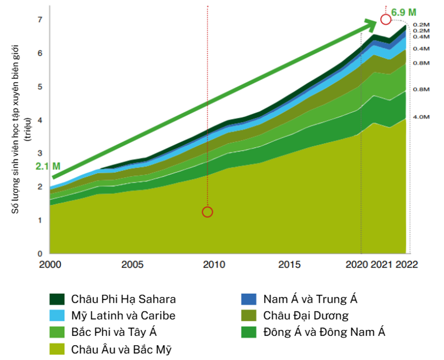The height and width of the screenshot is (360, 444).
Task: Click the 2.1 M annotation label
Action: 48,166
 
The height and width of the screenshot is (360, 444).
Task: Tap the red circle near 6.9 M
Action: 386,20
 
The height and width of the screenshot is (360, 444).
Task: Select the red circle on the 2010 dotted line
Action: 207,212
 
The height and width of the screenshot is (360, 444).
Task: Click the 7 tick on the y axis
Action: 39,20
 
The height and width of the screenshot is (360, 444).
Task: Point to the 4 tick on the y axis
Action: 39,120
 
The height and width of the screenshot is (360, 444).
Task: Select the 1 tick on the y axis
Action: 39,220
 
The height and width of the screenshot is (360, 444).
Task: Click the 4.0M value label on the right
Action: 422,116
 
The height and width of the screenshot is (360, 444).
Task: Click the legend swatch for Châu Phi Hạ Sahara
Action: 56,299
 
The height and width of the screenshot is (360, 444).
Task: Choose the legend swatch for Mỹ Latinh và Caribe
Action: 56,316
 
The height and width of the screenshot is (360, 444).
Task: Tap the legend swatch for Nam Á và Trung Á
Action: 248,299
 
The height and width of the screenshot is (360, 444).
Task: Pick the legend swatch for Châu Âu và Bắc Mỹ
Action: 56,348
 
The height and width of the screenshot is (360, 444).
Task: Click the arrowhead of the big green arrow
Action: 370,22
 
